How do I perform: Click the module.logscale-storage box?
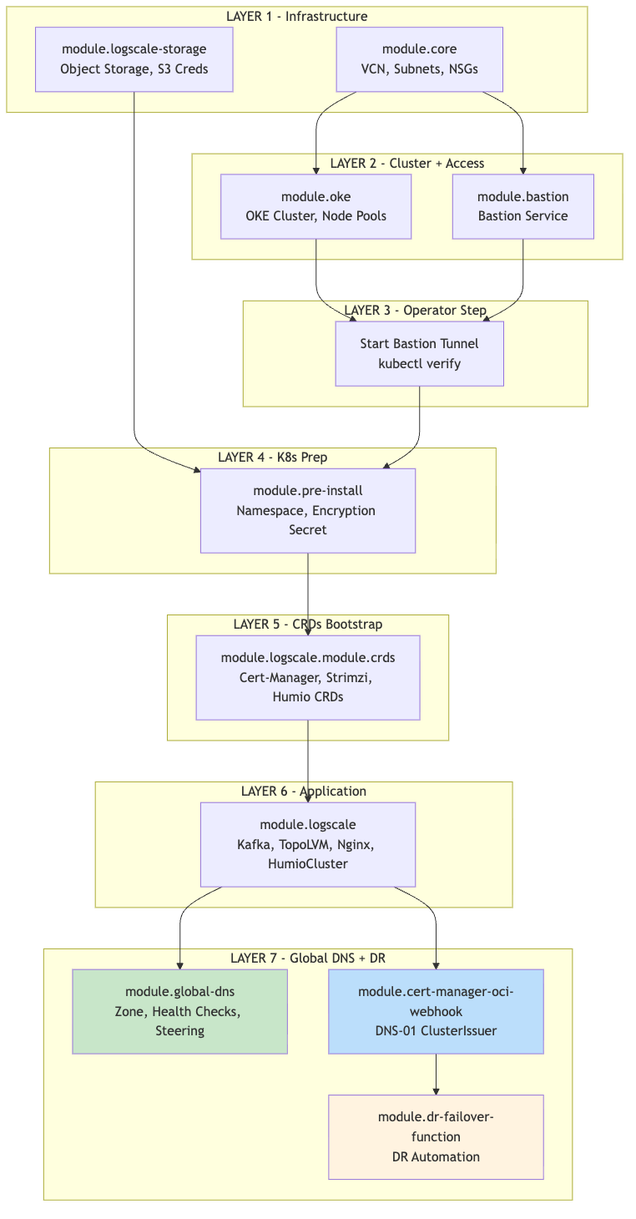pyautogui.click(x=134, y=59)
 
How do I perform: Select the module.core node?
pyautogui.click(x=419, y=59)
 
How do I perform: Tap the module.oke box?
pyautogui.click(x=315, y=206)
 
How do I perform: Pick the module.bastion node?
pyautogui.click(x=522, y=206)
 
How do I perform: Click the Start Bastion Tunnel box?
pyautogui.click(x=419, y=353)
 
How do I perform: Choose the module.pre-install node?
pyautogui.click(x=307, y=510)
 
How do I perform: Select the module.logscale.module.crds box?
pyautogui.click(x=307, y=677)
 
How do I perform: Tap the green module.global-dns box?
pyautogui.click(x=179, y=1011)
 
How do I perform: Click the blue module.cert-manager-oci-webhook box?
pyautogui.click(x=436, y=1011)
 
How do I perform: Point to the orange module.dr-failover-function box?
pyautogui.click(x=436, y=1136)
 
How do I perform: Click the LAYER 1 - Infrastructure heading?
pyautogui.click(x=296, y=17)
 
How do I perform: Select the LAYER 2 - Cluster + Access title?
pyautogui.click(x=406, y=164)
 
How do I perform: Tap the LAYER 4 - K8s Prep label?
pyautogui.click(x=272, y=457)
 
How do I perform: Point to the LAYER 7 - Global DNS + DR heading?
pyautogui.click(x=307, y=958)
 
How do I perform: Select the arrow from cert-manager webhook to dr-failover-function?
pyautogui.click(x=436, y=1074)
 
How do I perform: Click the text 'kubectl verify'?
pyautogui.click(x=419, y=364)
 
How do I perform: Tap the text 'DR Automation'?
pyautogui.click(x=436, y=1157)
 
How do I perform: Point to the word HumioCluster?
pyautogui.click(x=307, y=865)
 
